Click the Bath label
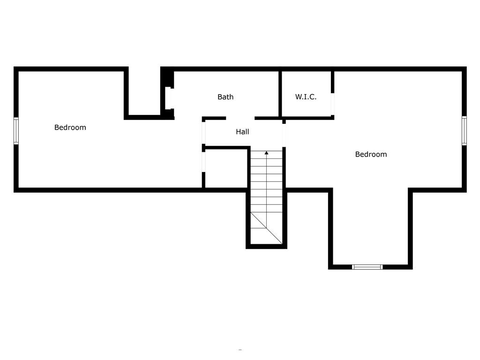click(x=225, y=97)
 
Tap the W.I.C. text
click(x=306, y=97)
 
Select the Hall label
click(x=242, y=132)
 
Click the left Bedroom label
click(x=70, y=127)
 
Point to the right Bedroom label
click(x=371, y=154)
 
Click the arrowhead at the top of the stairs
click(x=266, y=152)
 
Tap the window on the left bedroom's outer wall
click(x=16, y=131)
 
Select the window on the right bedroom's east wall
click(x=464, y=131)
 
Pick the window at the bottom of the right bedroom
click(x=367, y=267)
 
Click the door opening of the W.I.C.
click(x=332, y=104)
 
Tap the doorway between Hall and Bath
click(x=240, y=118)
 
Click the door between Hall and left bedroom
click(x=203, y=133)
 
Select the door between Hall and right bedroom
click(x=284, y=135)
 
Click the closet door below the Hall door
click(x=203, y=162)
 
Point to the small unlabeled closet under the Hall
click(x=226, y=169)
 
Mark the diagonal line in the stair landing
click(x=266, y=228)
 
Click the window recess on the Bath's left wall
click(x=168, y=98)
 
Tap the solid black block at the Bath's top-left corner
click(x=167, y=78)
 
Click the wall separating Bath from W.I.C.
click(x=280, y=94)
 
